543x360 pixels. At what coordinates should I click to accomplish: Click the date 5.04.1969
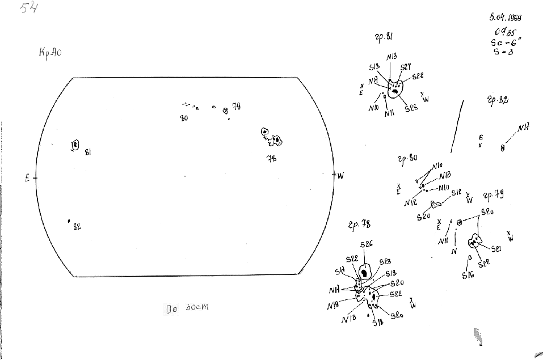[x=505, y=18]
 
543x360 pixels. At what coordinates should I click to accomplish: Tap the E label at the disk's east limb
[x=27, y=178]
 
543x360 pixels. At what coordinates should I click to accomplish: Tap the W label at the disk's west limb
[x=340, y=175]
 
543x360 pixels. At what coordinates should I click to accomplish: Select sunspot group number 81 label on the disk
[x=88, y=152]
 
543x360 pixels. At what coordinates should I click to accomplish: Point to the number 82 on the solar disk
[x=77, y=227]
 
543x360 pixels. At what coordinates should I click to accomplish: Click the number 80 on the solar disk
[x=184, y=118]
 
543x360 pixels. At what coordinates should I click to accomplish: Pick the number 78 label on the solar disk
[x=272, y=158]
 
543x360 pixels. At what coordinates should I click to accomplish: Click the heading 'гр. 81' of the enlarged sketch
[x=384, y=37]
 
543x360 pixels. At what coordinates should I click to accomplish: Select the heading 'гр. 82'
[x=497, y=100]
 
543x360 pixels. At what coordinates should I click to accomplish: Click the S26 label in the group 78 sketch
[x=366, y=244]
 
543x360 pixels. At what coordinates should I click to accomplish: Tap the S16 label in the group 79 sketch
[x=468, y=276]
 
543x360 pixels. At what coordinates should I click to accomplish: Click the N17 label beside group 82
[x=523, y=127]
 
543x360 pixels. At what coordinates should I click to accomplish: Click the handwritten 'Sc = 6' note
[x=502, y=43]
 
